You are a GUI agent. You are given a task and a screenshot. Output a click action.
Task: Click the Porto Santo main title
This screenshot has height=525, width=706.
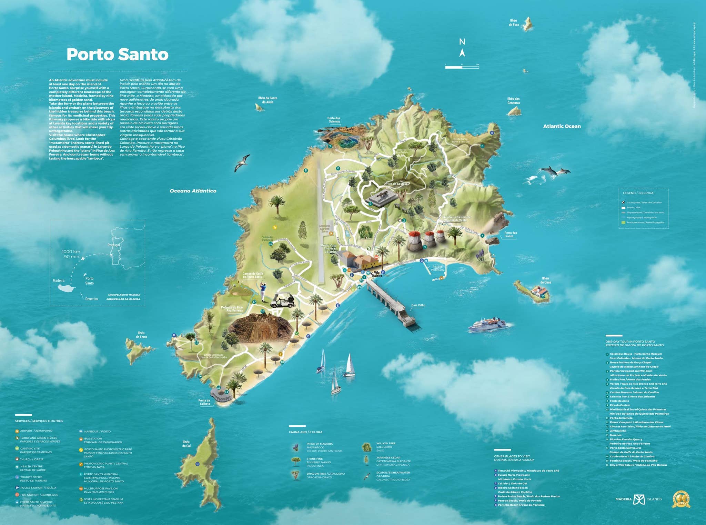(x=117, y=55)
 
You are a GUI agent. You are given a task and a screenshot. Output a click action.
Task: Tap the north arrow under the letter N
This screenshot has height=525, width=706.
(x=462, y=53)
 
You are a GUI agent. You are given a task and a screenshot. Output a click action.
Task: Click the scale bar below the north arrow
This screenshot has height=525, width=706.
(x=462, y=67)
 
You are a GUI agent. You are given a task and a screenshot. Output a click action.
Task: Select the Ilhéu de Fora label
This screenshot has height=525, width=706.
(x=513, y=23)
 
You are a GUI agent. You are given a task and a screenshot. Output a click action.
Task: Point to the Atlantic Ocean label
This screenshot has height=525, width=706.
(x=562, y=126)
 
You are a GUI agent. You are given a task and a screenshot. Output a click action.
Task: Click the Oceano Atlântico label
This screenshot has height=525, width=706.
(x=193, y=191)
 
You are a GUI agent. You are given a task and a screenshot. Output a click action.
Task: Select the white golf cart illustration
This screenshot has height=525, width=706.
(x=283, y=300)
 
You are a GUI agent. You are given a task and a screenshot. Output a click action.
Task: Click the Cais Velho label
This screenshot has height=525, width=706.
(x=418, y=305)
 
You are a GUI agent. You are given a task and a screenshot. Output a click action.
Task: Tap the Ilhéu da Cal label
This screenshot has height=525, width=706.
(x=186, y=444)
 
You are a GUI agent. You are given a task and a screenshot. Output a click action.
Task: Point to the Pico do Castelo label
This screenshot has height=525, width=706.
(x=396, y=184)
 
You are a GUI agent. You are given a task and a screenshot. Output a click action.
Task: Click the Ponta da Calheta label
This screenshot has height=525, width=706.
(x=204, y=402)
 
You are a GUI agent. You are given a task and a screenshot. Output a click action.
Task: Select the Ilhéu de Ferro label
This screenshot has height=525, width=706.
(x=141, y=335)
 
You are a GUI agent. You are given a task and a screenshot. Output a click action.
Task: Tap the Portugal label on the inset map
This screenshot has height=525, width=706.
(x=114, y=245)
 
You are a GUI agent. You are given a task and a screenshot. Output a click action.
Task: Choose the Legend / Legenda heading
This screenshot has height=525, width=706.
(x=638, y=193)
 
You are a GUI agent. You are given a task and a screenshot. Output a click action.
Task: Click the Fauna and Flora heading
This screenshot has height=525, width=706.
(x=305, y=432)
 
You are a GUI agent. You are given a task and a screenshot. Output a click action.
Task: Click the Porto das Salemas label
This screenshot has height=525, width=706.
(x=334, y=120)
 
